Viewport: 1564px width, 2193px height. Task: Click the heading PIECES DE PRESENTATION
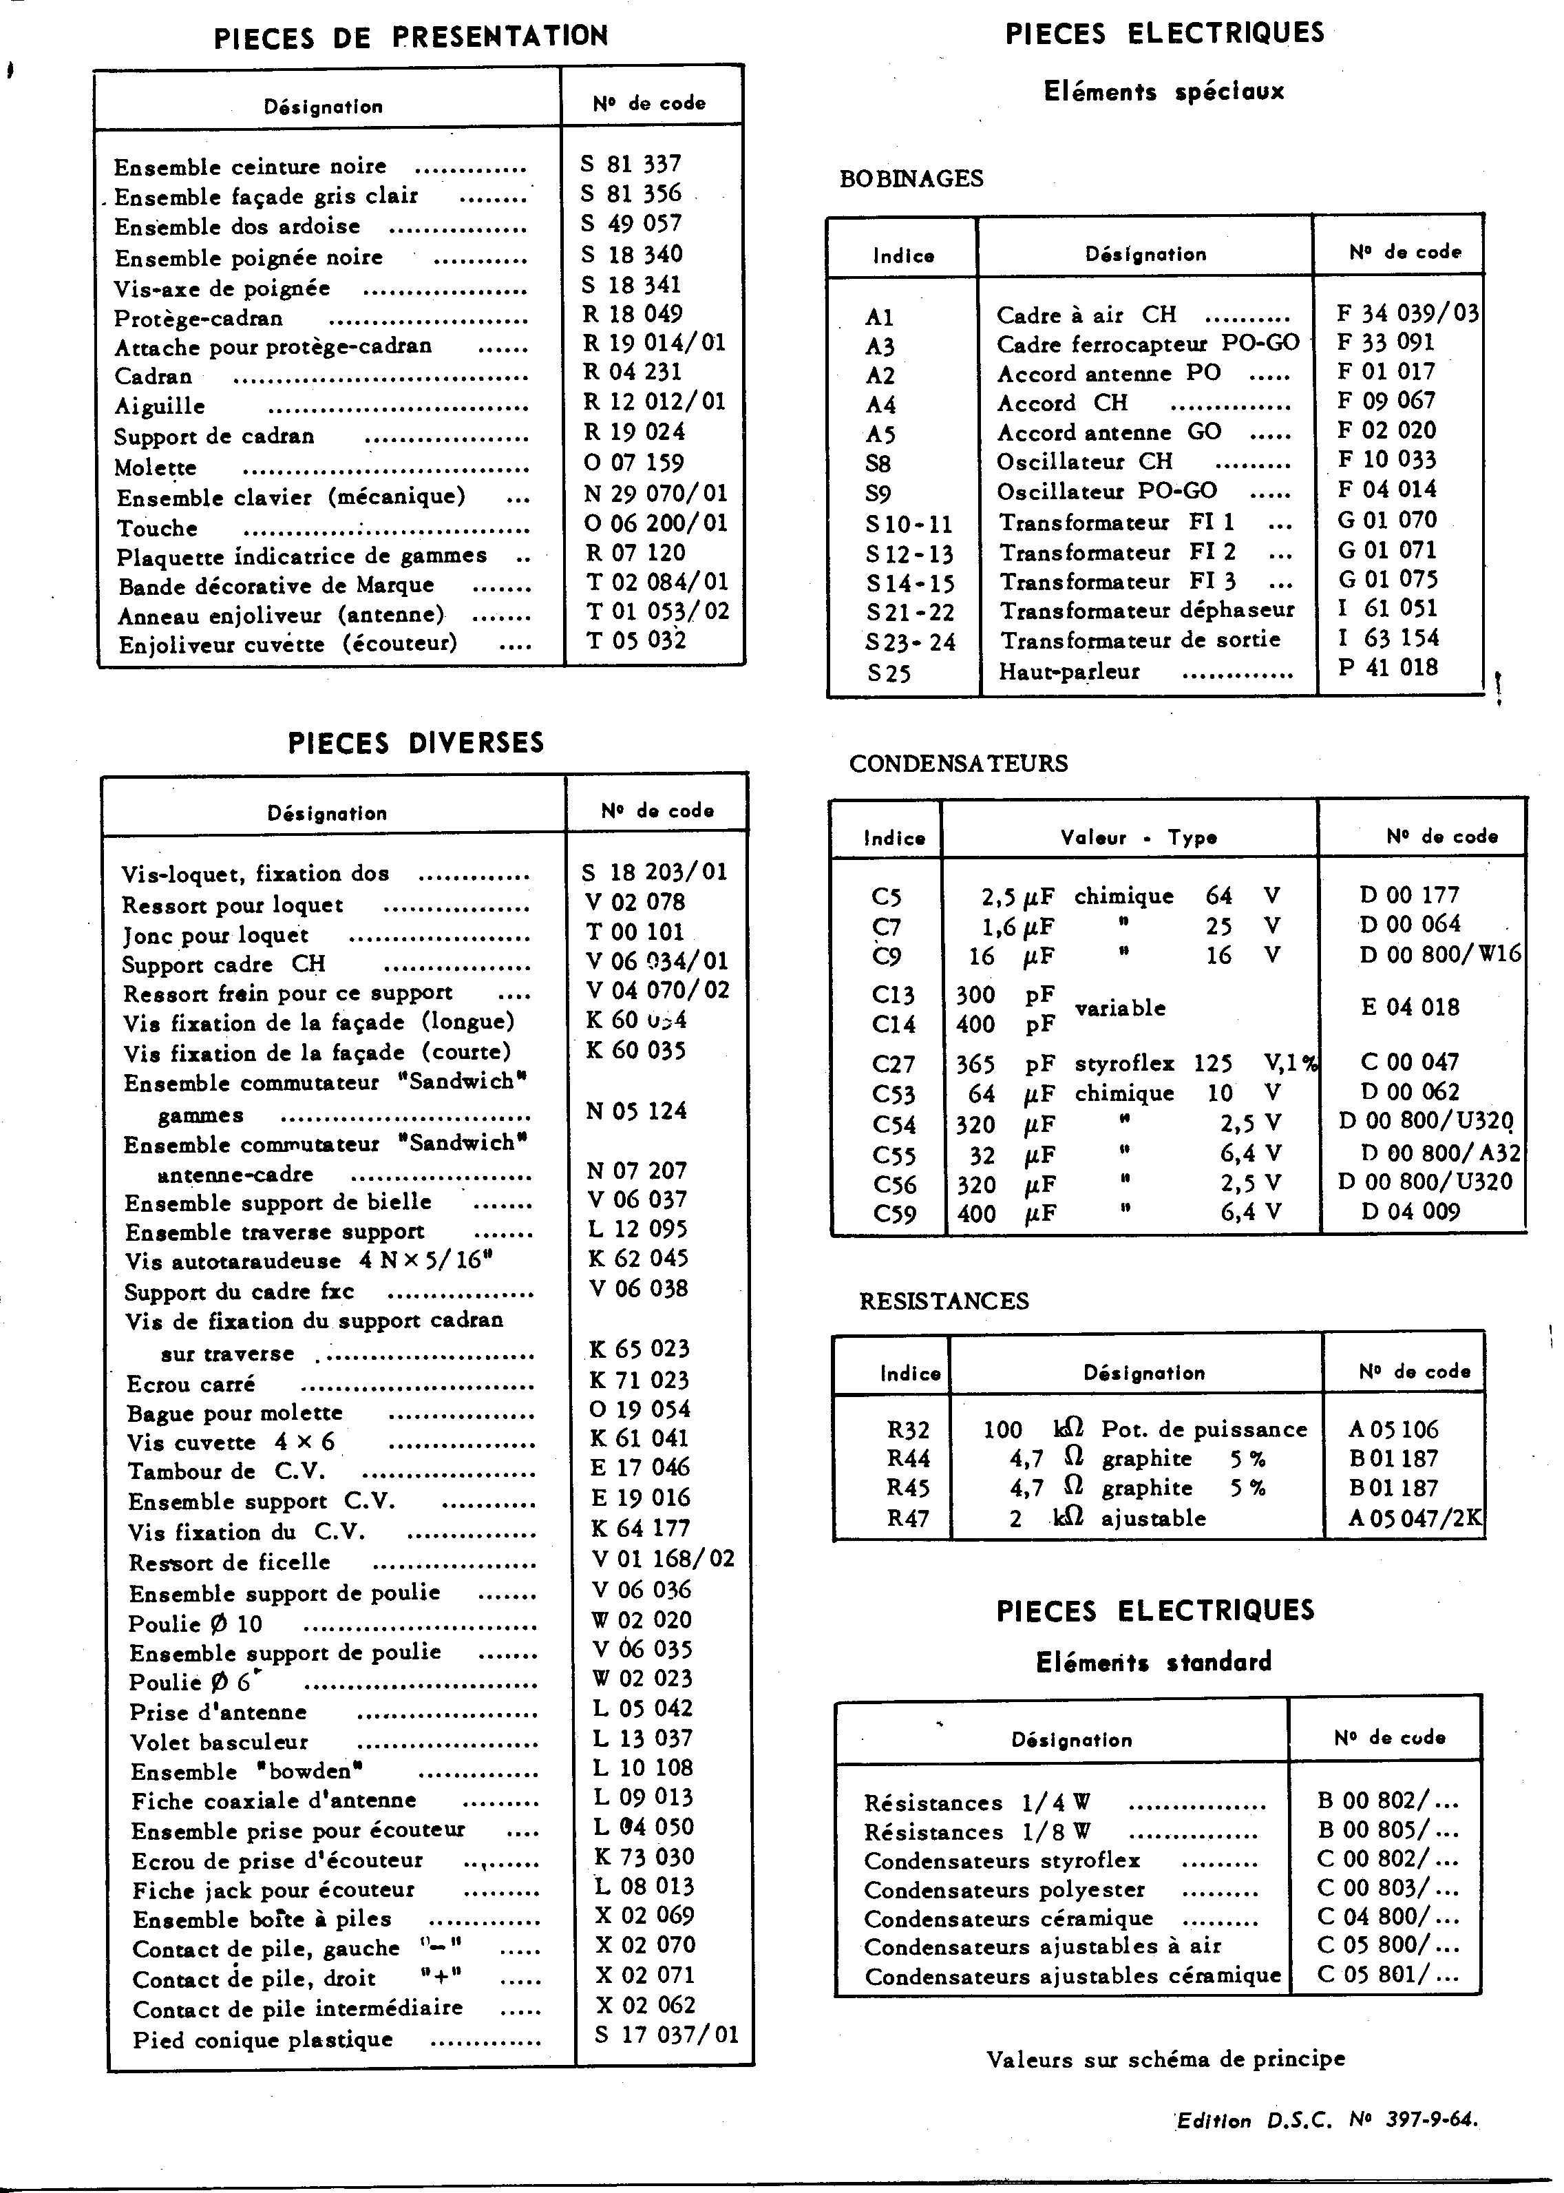(x=410, y=36)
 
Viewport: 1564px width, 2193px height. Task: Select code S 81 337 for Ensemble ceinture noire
(x=631, y=164)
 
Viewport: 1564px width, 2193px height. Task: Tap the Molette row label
(x=156, y=468)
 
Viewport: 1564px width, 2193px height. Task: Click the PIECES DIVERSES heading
(x=416, y=742)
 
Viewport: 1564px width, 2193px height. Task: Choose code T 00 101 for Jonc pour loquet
(x=635, y=932)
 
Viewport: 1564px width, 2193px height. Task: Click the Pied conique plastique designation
(x=263, y=2039)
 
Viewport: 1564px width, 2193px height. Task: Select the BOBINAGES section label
(x=911, y=179)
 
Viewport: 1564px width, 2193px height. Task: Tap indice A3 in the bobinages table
(x=880, y=346)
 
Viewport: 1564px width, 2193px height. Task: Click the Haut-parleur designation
(x=1069, y=671)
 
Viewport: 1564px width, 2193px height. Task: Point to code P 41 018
(x=1387, y=667)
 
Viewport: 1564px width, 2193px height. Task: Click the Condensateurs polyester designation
(x=1004, y=1889)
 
